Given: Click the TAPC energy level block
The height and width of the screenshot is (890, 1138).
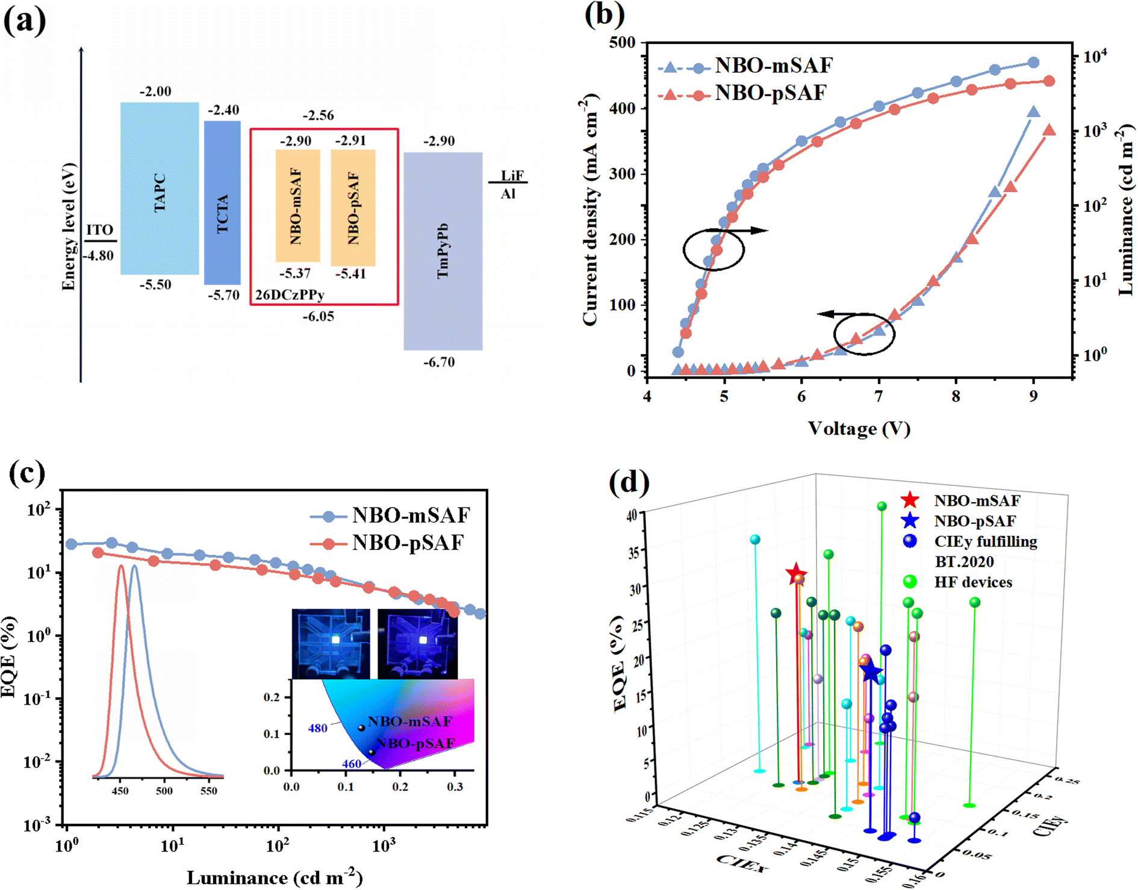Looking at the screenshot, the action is pos(160,188).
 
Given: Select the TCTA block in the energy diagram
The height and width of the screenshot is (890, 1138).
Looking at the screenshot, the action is pos(222,203).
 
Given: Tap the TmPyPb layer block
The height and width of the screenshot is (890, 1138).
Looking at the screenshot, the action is pos(443,251).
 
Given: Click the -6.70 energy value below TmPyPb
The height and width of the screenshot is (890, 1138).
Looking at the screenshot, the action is pos(439,363).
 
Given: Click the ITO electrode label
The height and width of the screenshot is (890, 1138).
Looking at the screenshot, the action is pos(99,230).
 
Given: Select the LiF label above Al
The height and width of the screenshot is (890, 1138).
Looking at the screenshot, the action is pos(512,175).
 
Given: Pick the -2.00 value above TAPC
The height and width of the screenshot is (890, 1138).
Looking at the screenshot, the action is pos(155,92).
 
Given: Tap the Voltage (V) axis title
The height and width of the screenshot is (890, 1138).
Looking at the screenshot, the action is pos(859,428).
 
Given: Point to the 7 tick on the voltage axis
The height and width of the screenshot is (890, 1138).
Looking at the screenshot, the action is pos(878,396).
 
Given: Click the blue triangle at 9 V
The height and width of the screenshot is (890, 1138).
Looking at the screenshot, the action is pos(1033,112).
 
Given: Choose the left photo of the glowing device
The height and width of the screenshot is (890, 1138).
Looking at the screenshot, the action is pos(331,643).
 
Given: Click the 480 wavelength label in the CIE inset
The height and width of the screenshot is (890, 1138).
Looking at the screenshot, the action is pos(317,729).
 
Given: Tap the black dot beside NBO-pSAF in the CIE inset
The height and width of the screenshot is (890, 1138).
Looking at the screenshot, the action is pos(372,753).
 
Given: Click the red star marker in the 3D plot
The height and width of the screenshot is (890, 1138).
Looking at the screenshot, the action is pos(796,574).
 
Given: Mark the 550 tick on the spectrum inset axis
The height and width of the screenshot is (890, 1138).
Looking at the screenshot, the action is pos(208,791).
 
